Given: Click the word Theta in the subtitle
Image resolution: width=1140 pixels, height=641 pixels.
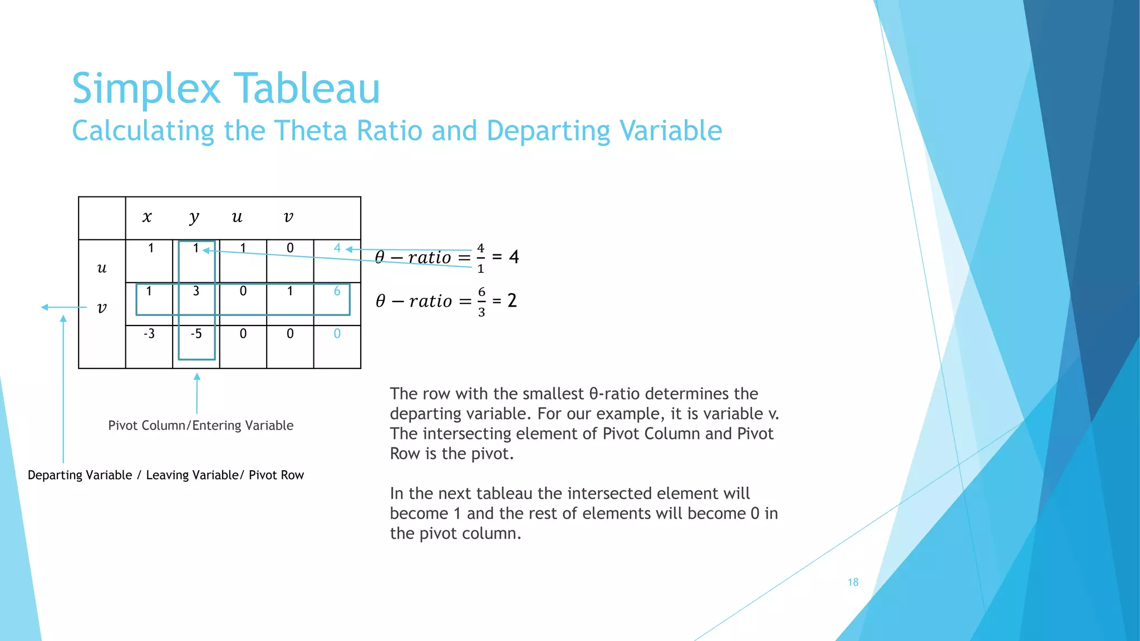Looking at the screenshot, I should coord(313,131).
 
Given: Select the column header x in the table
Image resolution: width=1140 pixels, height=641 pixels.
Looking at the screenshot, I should coord(147,217).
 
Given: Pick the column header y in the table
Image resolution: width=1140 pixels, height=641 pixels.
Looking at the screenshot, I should coord(194,217).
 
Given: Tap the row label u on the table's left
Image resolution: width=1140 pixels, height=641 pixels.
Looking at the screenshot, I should coord(102,268).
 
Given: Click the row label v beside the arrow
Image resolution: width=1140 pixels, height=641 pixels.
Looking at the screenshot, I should coord(102,308).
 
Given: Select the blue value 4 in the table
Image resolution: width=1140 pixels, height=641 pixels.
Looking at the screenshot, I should coord(337,248).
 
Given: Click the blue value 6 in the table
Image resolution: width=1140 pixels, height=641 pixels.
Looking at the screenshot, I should coord(337,291).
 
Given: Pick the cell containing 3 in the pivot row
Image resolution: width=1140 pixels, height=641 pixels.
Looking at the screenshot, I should coord(196,291).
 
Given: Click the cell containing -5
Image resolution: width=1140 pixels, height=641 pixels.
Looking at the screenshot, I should coord(196,334).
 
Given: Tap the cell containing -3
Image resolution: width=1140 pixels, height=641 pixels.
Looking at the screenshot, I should coord(149,334).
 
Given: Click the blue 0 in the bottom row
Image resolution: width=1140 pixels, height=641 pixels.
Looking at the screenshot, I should coord(337,334).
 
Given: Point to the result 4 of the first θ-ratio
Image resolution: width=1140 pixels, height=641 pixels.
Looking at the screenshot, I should coord(514,257).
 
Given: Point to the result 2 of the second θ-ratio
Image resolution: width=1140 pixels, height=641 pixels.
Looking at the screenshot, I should coord(512,301).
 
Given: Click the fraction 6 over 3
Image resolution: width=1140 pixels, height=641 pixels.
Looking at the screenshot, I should coord(481,302).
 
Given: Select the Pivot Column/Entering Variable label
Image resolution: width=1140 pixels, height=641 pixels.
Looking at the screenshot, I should coord(200,426).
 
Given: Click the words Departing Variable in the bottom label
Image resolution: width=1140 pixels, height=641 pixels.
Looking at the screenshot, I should coord(80,475).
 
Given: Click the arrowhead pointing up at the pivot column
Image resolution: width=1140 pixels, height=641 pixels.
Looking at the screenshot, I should coord(196,377).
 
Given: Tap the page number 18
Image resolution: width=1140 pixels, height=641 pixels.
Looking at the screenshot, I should coord(853,582).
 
